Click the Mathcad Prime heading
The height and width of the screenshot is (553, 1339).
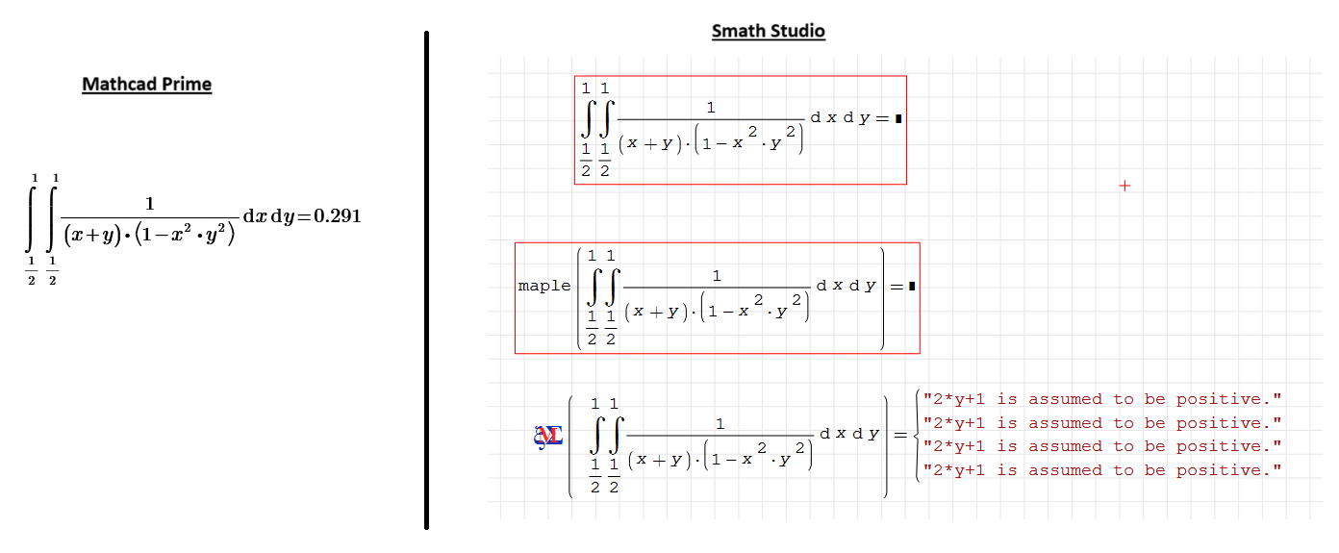[x=146, y=84]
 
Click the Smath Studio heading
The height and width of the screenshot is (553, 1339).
[x=768, y=31]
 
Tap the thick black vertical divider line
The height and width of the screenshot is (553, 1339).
[x=426, y=279]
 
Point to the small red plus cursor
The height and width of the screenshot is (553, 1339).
[x=1124, y=186]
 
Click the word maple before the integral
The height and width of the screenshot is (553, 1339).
[x=543, y=286]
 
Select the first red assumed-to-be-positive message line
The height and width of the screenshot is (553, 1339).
[x=1102, y=399]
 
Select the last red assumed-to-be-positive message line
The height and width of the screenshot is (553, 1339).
[x=1102, y=470]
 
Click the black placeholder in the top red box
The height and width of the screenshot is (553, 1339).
[x=897, y=118]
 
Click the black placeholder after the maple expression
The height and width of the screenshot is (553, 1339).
[x=910, y=286]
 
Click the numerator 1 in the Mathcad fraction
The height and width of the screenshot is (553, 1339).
[x=149, y=203]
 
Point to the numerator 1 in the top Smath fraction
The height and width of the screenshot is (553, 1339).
[x=711, y=107]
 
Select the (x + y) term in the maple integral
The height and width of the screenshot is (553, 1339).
[x=658, y=312]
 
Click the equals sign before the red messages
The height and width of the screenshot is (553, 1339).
[x=900, y=435]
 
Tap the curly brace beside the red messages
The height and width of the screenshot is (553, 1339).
[x=916, y=435]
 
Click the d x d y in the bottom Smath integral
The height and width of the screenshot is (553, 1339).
[x=849, y=434]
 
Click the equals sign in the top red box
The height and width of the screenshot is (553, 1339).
[x=881, y=118]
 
